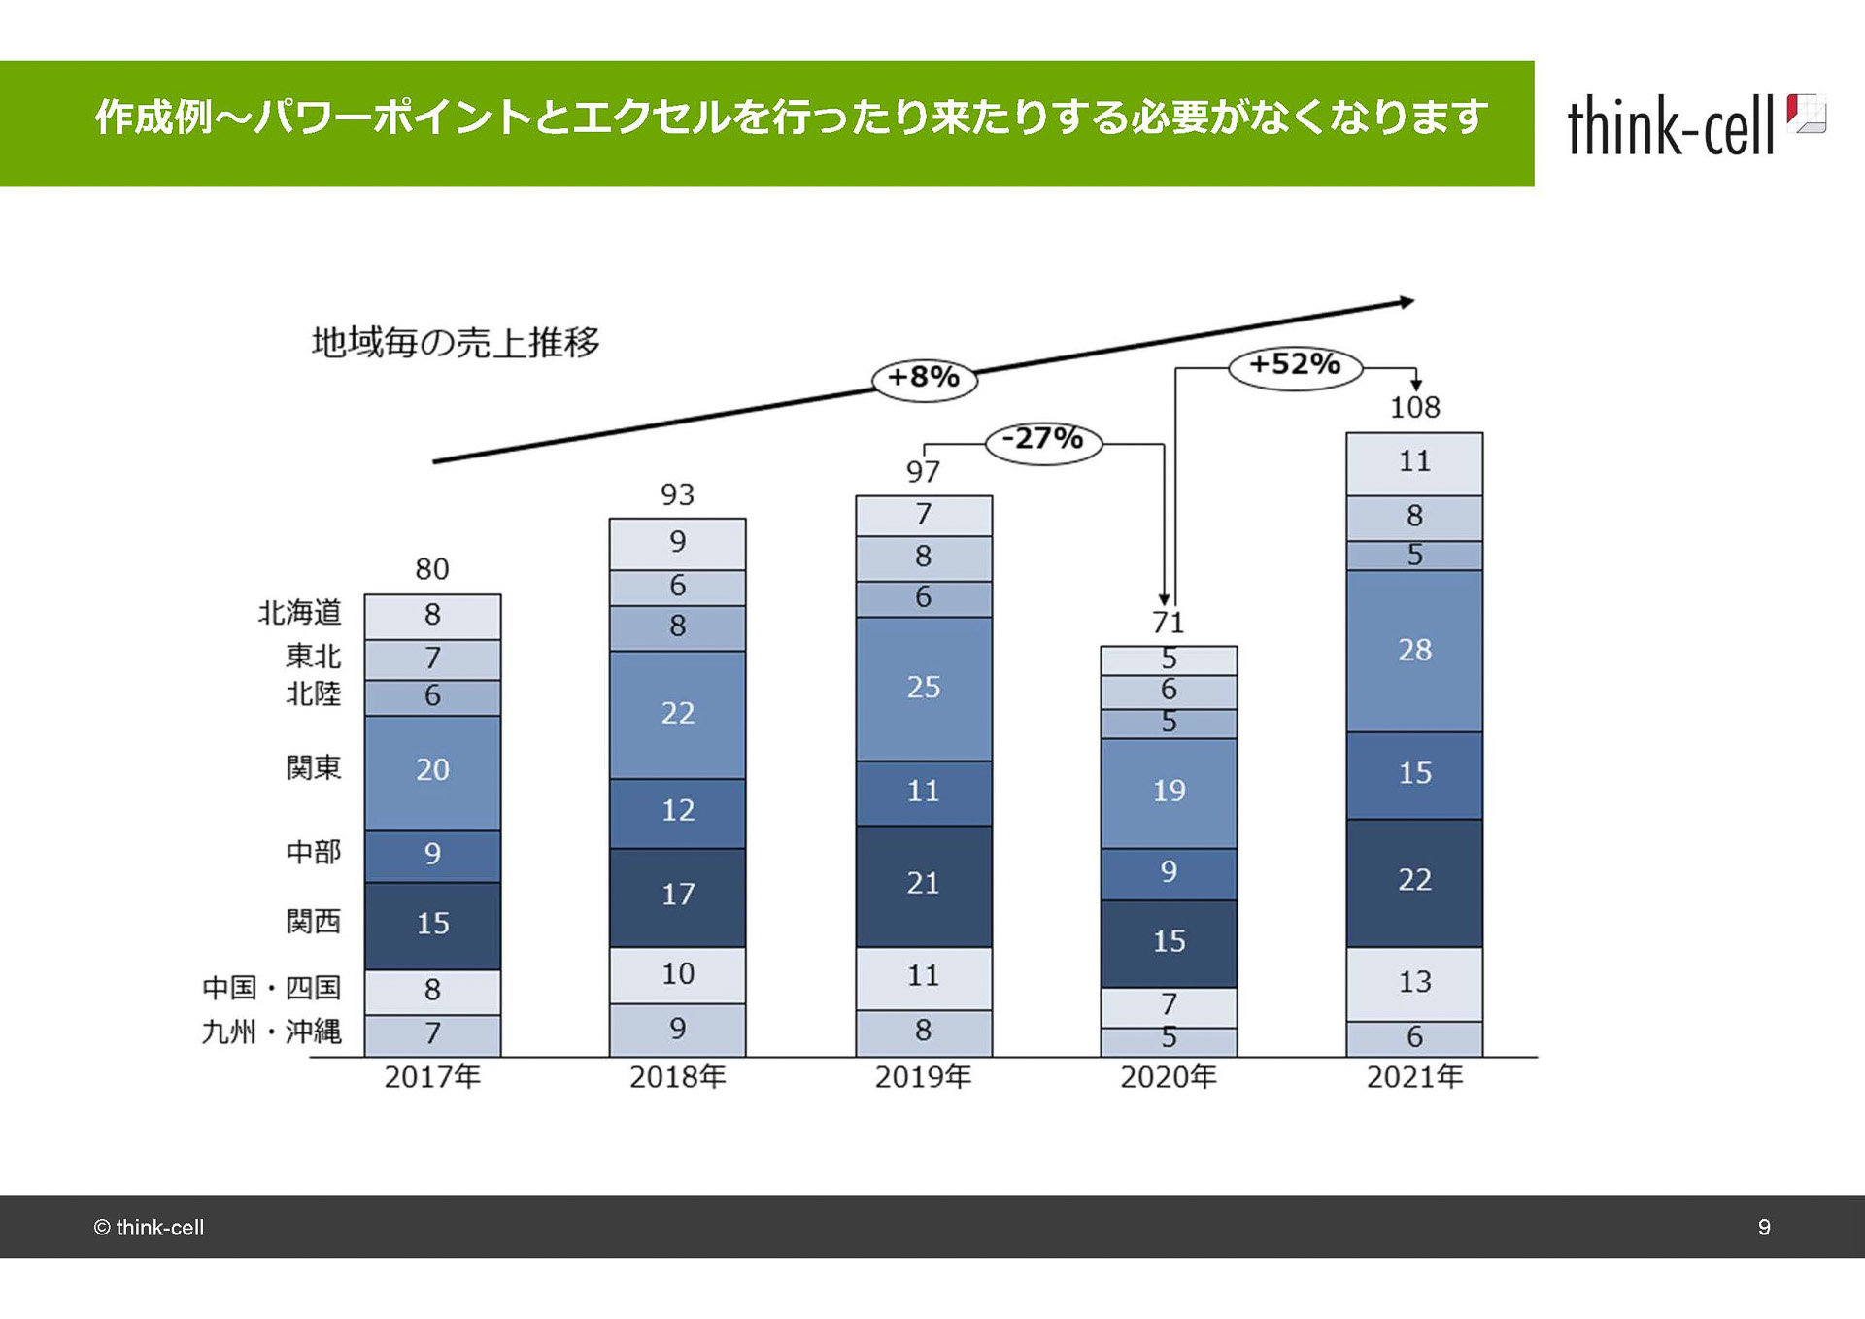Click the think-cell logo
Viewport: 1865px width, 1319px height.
click(x=1695, y=125)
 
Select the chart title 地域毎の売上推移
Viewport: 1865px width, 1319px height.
click(x=456, y=342)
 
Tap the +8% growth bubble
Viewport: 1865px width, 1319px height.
click(x=924, y=377)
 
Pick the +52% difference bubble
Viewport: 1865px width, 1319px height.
click(x=1295, y=365)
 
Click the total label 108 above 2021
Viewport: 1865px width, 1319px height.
click(x=1414, y=407)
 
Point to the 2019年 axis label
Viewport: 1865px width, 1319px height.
click(x=923, y=1077)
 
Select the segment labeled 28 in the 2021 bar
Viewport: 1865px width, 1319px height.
click(x=1414, y=650)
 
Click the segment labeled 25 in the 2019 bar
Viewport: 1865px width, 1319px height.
click(x=923, y=688)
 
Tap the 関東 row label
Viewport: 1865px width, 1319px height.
click(x=313, y=767)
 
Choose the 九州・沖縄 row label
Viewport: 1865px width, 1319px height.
click(x=272, y=1032)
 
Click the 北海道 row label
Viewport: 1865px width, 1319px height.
click(x=299, y=613)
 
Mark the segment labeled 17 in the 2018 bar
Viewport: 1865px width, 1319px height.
click(x=677, y=895)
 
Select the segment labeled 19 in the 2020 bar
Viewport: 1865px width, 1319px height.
click(x=1169, y=792)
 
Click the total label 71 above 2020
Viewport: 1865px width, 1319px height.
click(x=1169, y=623)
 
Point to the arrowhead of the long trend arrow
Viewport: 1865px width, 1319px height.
click(x=1407, y=302)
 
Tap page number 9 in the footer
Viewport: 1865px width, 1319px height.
click(x=1764, y=1227)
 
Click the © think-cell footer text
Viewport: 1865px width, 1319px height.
click(x=149, y=1228)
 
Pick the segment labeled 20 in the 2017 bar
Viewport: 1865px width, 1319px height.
click(x=432, y=770)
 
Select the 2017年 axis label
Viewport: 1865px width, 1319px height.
click(x=432, y=1077)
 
